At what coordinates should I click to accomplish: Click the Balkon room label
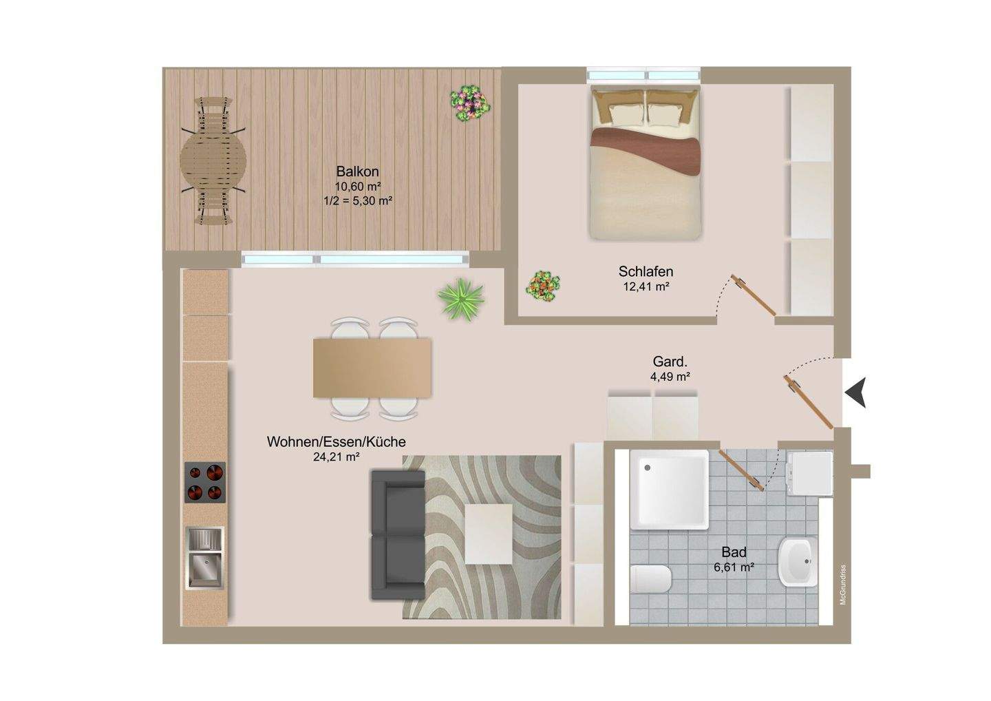coord(357,171)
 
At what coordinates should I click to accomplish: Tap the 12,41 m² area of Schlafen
coord(646,286)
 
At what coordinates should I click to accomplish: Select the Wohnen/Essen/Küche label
coord(337,441)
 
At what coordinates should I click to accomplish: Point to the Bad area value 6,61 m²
coord(734,567)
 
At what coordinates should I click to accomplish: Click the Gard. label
coord(670,362)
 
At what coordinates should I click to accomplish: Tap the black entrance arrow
coord(855,393)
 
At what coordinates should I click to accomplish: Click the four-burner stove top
coord(205,483)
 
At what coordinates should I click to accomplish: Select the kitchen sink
coord(205,558)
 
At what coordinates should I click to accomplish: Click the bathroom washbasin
coord(798,562)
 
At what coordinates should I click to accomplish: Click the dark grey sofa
coord(398,535)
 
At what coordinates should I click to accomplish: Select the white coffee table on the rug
coord(489,534)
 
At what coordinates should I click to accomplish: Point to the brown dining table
coord(372,368)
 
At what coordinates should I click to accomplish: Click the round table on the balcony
coord(213,162)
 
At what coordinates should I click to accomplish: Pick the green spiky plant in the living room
coord(461,299)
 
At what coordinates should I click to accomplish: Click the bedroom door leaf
coord(753,295)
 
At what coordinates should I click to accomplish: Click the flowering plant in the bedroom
coord(542,286)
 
